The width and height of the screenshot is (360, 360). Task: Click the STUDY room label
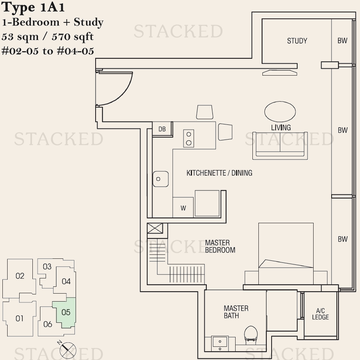(x=297, y=41)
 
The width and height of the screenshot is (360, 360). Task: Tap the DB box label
(x=162, y=129)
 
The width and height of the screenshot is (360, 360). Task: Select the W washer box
(x=183, y=207)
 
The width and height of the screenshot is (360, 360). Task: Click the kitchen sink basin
(x=160, y=179)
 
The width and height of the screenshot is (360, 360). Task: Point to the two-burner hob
(x=188, y=138)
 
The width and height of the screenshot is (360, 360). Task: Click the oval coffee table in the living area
(x=280, y=112)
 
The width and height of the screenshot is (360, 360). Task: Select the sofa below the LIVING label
(x=280, y=146)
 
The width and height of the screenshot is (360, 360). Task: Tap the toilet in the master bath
(x=251, y=335)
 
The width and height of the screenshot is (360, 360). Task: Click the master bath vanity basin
(x=220, y=344)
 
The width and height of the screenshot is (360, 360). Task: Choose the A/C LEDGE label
(x=320, y=314)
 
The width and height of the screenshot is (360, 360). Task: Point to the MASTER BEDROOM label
(x=220, y=246)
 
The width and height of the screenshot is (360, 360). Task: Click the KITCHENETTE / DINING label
(x=219, y=173)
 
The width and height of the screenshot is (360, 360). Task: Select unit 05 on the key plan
(x=66, y=312)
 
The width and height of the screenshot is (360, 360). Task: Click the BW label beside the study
(x=342, y=41)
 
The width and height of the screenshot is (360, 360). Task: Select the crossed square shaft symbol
(x=155, y=228)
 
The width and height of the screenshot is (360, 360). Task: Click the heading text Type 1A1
(x=33, y=7)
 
